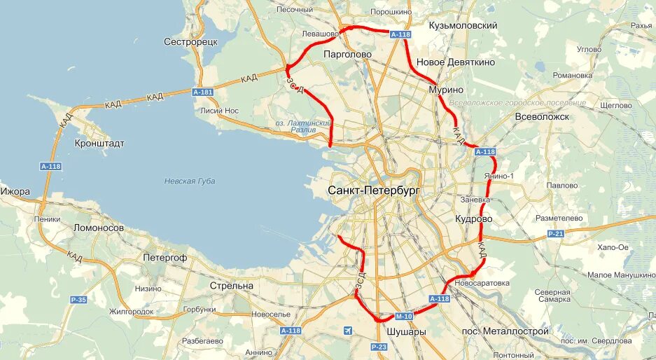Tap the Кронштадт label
[99, 144]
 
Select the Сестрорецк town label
[191, 42]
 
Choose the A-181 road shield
[202, 92]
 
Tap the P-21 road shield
[555, 233]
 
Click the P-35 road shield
[78, 300]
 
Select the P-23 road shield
[379, 347]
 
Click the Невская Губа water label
[190, 181]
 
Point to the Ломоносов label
[98, 228]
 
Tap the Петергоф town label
[165, 258]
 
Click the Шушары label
[401, 332]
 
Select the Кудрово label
[474, 219]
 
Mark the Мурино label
[446, 90]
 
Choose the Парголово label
[348, 54]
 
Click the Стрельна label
[232, 286]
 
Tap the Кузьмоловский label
[463, 25]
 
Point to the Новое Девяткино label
[455, 62]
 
